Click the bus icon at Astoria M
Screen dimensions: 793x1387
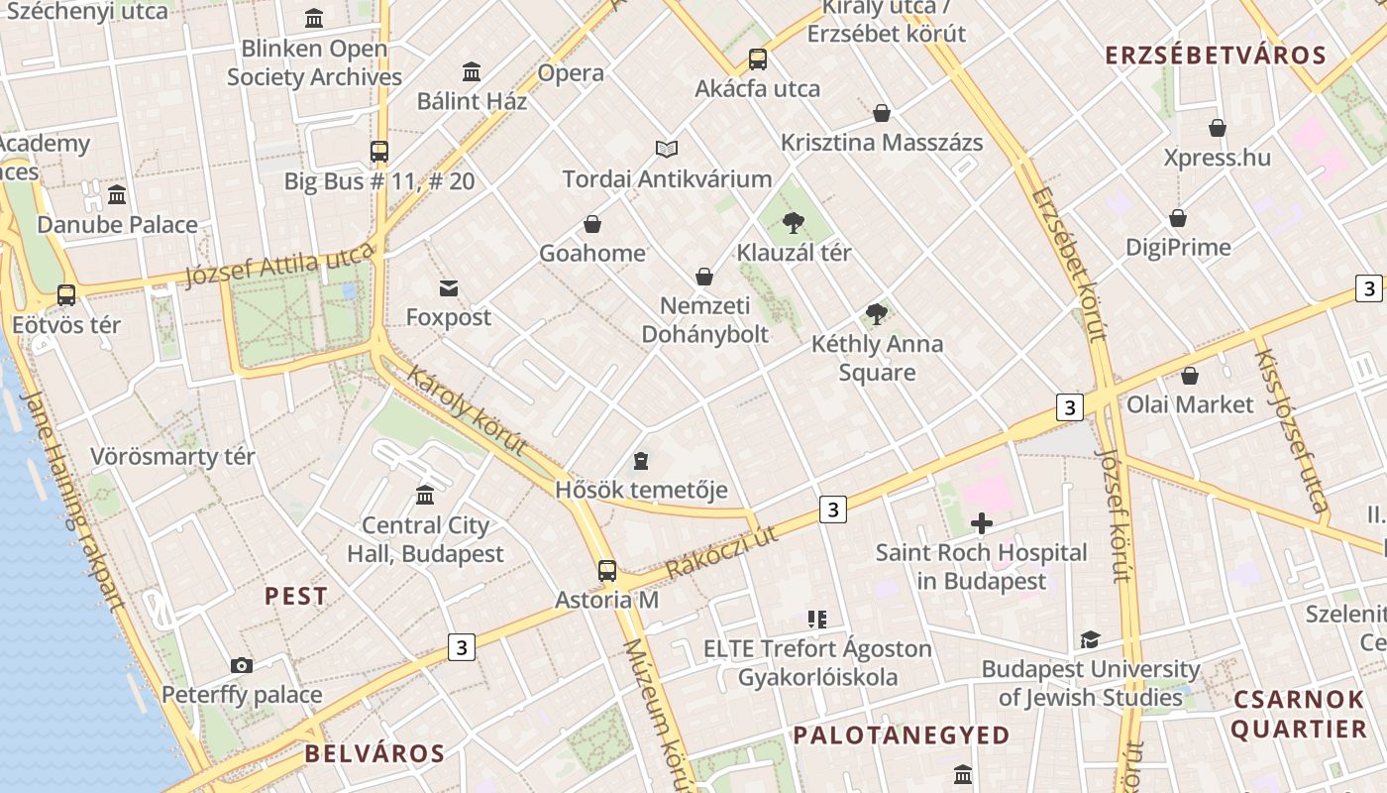607,571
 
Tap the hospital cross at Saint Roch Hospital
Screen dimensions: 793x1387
982,523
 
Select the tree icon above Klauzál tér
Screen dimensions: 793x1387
793,223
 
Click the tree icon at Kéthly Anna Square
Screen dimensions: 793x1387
877,314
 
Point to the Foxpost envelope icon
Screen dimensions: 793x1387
449,288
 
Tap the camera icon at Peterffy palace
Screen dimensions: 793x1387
241,665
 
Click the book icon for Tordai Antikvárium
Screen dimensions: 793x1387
667,150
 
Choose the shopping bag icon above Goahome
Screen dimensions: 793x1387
592,224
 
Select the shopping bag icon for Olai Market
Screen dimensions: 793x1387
1190,376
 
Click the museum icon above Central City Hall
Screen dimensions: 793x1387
425,495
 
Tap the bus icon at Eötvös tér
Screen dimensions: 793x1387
66,295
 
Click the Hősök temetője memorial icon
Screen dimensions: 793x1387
641,461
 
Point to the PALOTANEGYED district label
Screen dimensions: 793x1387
901,736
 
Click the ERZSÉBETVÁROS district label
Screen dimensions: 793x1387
1216,56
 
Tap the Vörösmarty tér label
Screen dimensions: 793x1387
172,457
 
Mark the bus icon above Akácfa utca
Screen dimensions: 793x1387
758,59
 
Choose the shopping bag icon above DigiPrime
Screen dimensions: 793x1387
1178,218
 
